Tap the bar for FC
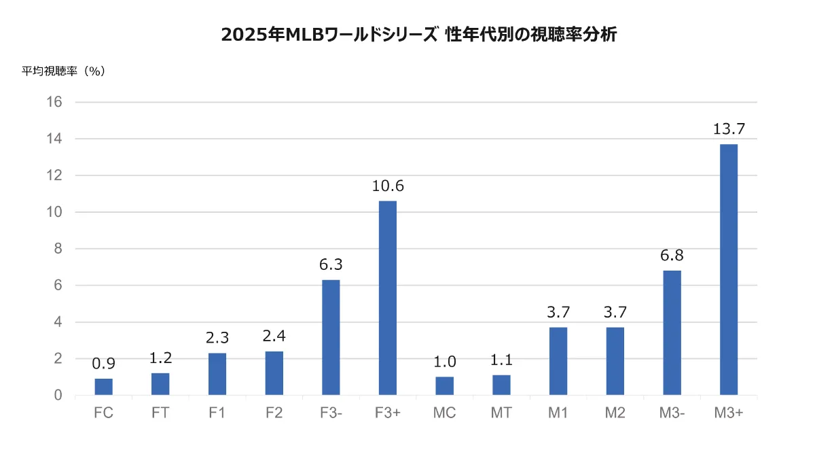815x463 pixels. click(104, 387)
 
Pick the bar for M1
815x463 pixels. click(558, 361)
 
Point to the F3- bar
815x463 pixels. click(331, 337)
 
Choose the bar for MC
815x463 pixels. click(444, 385)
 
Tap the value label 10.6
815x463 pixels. click(388, 186)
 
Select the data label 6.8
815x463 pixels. click(672, 256)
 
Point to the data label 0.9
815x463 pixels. click(104, 364)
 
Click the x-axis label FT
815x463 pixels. click(160, 413)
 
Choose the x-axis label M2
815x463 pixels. click(615, 413)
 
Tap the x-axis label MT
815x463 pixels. click(501, 413)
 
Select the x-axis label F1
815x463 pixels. click(217, 413)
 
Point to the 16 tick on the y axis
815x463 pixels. click(54, 102)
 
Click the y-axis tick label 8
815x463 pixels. click(58, 249)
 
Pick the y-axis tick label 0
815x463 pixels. click(58, 396)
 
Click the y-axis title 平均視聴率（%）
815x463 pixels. click(64, 71)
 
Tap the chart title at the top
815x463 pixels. click(418, 35)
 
